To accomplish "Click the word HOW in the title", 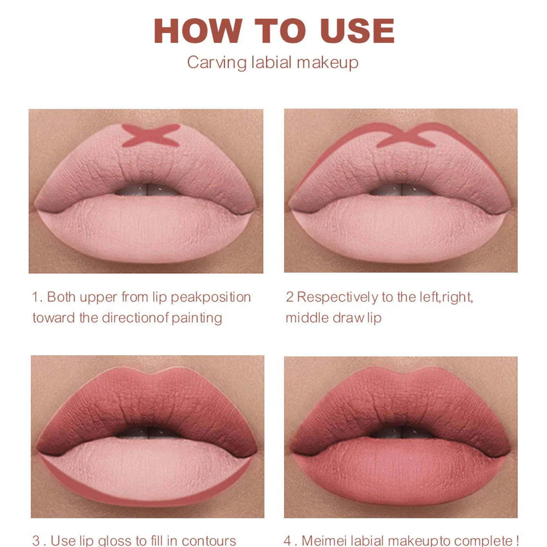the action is (198, 30).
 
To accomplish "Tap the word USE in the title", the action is (358, 30).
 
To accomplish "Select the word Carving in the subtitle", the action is (217, 63).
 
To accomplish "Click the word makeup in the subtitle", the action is (327, 63).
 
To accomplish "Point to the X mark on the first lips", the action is (151, 136).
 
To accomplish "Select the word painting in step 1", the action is (197, 318).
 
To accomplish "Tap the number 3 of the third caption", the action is (36, 540).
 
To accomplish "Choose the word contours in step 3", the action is (209, 541).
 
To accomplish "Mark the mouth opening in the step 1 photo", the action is (148, 189).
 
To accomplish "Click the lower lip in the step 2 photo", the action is (400, 229).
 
